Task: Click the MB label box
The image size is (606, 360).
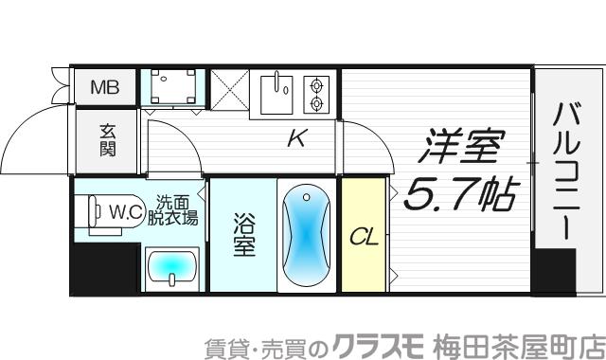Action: click(105, 88)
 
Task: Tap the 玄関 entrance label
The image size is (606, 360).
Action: click(107, 140)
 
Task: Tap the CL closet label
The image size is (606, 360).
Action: click(365, 237)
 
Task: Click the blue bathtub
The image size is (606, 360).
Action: click(306, 237)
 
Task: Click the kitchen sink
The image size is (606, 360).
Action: click(277, 91)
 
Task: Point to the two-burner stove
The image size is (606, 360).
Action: click(315, 92)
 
